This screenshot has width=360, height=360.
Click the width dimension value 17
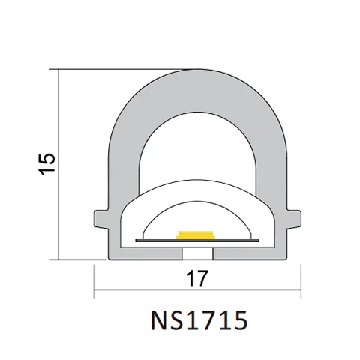coord(197,277)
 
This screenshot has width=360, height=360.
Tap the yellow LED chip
coord(197,234)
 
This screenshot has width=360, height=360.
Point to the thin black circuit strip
coord(197,240)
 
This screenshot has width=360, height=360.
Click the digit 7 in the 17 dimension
coord(202,277)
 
